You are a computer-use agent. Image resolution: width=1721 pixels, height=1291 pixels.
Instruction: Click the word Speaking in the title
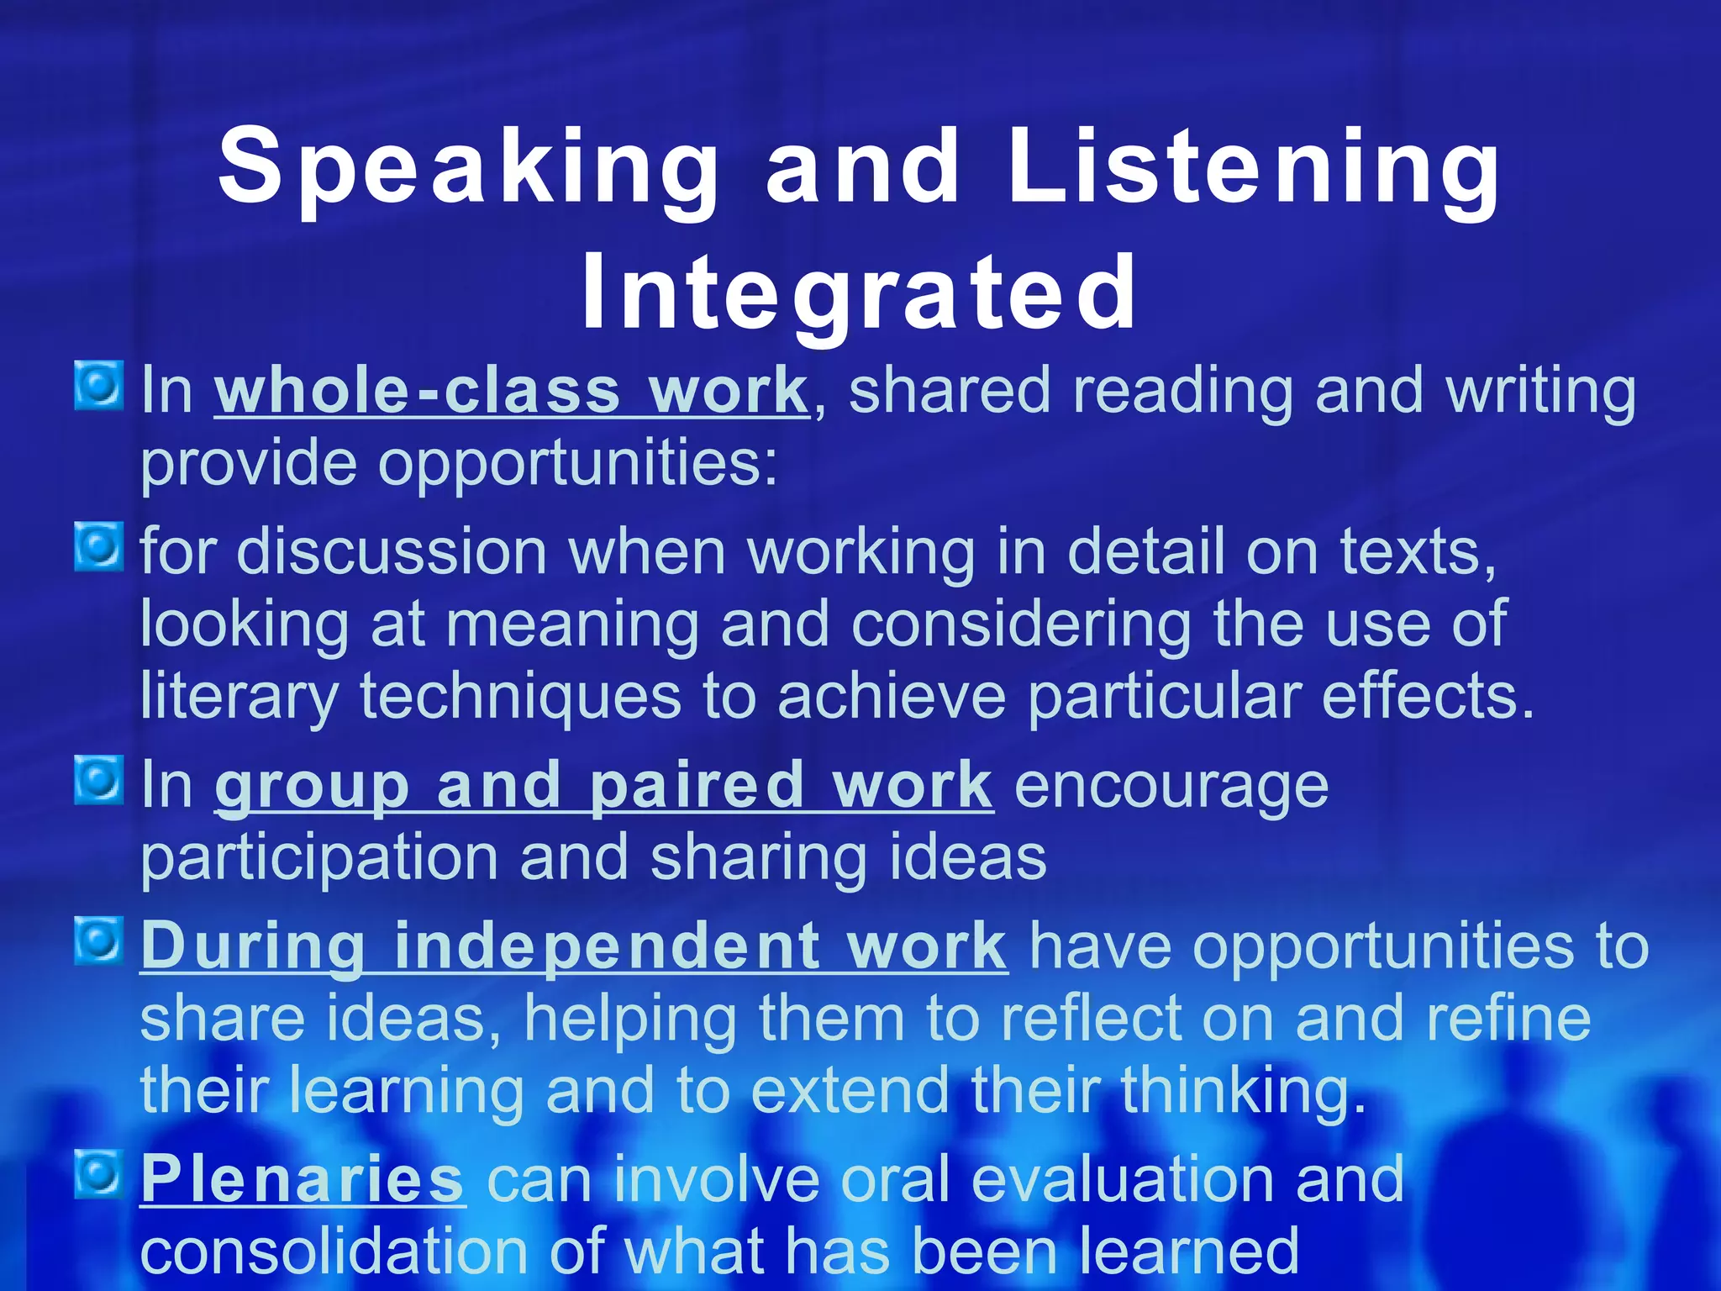[x=467, y=168]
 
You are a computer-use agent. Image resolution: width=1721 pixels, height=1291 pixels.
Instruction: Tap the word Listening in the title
[x=1252, y=168]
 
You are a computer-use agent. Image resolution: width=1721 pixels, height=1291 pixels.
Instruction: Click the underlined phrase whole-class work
[x=511, y=392]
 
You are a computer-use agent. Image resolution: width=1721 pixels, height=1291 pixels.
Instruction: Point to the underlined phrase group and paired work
[x=603, y=786]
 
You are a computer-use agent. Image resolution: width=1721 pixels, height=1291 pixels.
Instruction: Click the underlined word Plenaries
[x=302, y=1179]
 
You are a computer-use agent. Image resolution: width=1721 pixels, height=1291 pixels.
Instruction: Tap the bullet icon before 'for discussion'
[x=99, y=547]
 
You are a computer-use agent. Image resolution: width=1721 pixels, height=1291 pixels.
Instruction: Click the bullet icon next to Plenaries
[x=99, y=1174]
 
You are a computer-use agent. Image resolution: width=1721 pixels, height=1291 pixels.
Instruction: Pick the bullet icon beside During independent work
[x=99, y=941]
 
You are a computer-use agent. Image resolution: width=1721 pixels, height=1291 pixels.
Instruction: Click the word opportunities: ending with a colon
[x=577, y=464]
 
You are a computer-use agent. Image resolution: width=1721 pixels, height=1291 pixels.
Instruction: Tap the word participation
[x=320, y=859]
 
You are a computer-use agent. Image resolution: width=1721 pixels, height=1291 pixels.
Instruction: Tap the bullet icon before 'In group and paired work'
[x=99, y=780]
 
